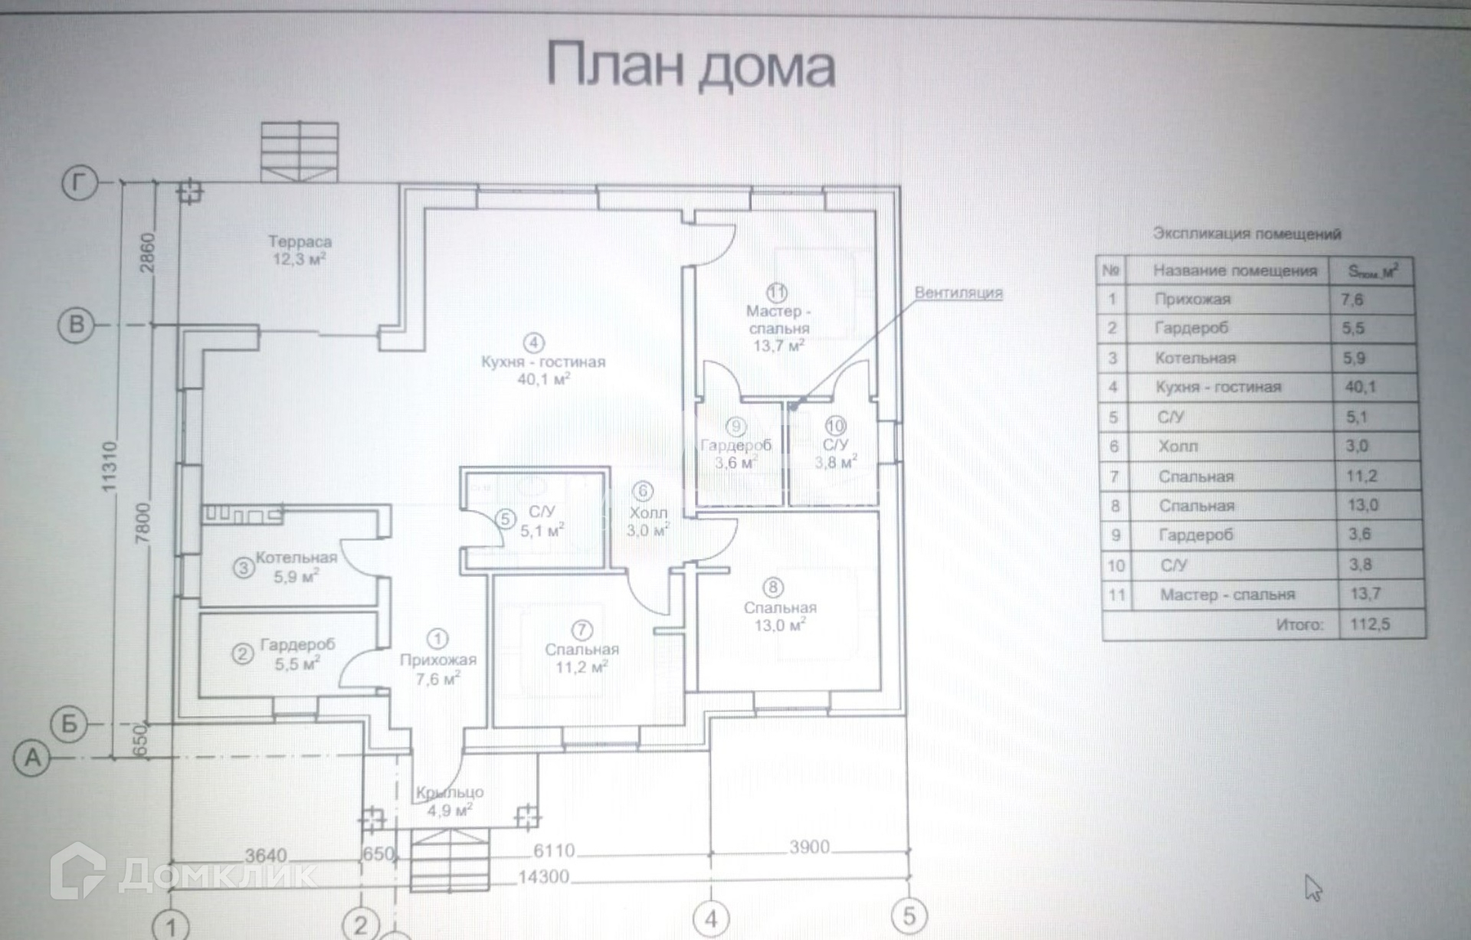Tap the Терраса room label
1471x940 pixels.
300,242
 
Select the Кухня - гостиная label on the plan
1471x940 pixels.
543,362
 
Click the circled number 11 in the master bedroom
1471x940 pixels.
777,293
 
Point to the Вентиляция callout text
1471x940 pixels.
958,293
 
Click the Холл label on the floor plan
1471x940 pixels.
648,513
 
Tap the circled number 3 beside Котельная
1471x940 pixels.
244,568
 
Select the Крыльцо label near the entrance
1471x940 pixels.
450,793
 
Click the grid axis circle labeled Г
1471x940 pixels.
80,185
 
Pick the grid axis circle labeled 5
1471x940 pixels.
909,915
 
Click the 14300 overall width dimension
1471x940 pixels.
543,877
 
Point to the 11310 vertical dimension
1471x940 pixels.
110,467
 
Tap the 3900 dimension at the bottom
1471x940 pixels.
810,847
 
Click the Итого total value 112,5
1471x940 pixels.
1370,624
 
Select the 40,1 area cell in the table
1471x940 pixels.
1361,387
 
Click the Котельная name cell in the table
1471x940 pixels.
1195,358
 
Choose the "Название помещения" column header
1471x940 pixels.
1235,270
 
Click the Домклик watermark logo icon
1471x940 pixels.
77,871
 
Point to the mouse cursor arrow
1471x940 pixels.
1312,888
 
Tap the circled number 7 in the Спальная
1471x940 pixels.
582,630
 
